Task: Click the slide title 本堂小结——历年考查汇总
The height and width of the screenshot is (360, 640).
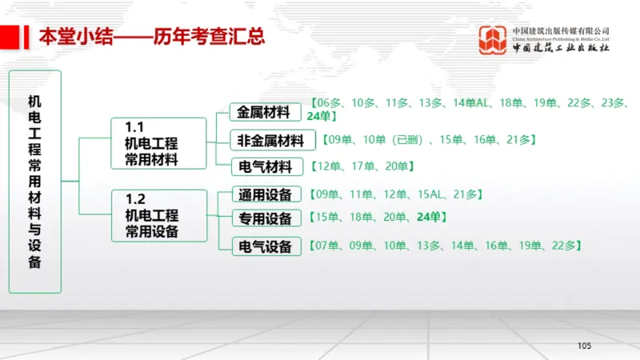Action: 152,37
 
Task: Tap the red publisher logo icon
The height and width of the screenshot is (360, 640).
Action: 493,38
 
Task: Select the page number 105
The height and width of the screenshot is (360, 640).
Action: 583,346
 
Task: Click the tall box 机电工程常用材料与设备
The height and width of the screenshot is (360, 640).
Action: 34,182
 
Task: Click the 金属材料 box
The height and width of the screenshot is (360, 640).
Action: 264,112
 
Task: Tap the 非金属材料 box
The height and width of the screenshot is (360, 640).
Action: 270,141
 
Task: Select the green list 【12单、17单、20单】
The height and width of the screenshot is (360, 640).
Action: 362,166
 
